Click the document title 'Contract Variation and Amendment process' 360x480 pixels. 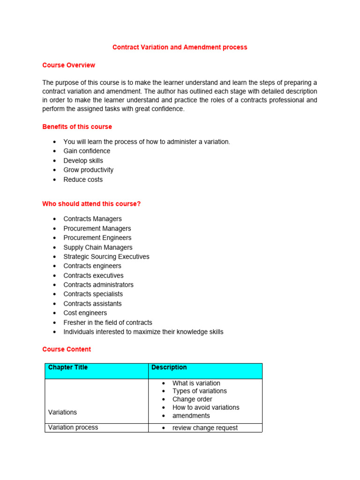pyautogui.click(x=180, y=47)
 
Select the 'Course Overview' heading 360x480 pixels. pyautogui.click(x=68, y=65)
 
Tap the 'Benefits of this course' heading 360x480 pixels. pyautogui.click(x=77, y=127)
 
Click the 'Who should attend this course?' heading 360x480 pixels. pyautogui.click(x=91, y=204)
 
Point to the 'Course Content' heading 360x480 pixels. pyautogui.click(x=67, y=349)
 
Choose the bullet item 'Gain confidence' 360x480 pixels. pyautogui.click(x=87, y=151)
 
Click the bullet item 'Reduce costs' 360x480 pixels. pyautogui.click(x=83, y=180)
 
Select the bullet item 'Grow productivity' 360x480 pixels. pyautogui.click(x=88, y=170)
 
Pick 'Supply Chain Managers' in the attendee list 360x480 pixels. pyautogui.click(x=98, y=247)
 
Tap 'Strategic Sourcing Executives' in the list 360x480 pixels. pyautogui.click(x=106, y=256)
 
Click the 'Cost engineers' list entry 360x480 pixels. pyautogui.click(x=85, y=313)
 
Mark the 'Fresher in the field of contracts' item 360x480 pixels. pyautogui.click(x=108, y=322)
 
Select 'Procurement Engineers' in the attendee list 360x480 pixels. pyautogui.click(x=97, y=238)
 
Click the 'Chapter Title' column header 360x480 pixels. pyautogui.click(x=68, y=367)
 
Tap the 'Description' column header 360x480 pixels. pyautogui.click(x=169, y=367)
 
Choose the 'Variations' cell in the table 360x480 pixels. pyautogui.click(x=62, y=412)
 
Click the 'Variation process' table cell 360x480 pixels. pyautogui.click(x=73, y=427)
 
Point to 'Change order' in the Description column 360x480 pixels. pyautogui.click(x=192, y=399)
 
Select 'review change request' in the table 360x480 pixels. pyautogui.click(x=205, y=427)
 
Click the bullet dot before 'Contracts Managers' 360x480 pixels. pyautogui.click(x=55, y=219)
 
